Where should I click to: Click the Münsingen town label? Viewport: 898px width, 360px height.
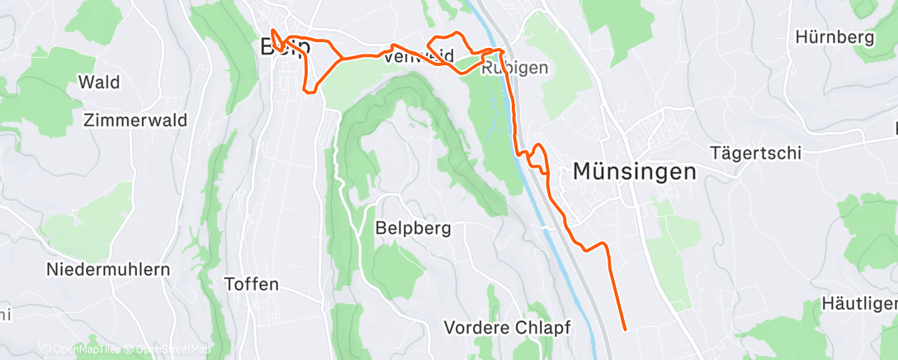pyautogui.click(x=634, y=172)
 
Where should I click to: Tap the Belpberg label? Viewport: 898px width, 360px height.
pyautogui.click(x=413, y=229)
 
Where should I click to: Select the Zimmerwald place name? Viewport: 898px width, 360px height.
pyautogui.click(x=135, y=120)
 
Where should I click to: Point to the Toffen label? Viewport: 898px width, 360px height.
pyautogui.click(x=252, y=284)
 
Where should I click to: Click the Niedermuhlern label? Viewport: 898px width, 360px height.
pyautogui.click(x=108, y=269)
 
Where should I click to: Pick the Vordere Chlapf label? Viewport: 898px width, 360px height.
pyautogui.click(x=508, y=327)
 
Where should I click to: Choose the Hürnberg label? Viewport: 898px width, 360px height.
pyautogui.click(x=834, y=37)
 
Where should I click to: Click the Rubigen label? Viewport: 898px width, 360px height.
pyautogui.click(x=515, y=69)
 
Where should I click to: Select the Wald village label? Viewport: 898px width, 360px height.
pyautogui.click(x=98, y=82)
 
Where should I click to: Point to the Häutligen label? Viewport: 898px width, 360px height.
pyautogui.click(x=859, y=304)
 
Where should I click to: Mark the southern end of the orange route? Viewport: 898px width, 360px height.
pyautogui.click(x=624, y=329)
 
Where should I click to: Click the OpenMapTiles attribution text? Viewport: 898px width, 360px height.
pyautogui.click(x=80, y=349)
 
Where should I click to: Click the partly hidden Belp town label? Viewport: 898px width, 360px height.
pyautogui.click(x=285, y=47)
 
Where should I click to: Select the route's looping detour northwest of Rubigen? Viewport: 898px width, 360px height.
pyautogui.click(x=446, y=45)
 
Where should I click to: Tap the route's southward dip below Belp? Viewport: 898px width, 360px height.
pyautogui.click(x=311, y=83)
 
